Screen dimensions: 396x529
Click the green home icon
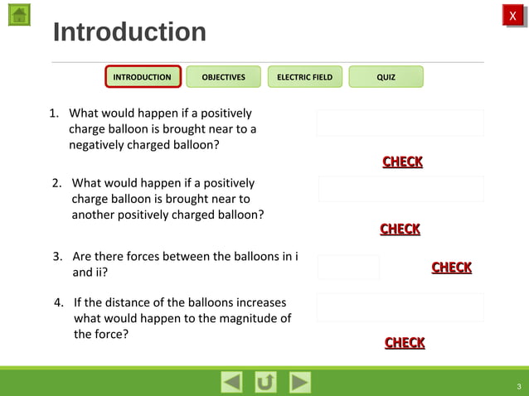(x=19, y=14)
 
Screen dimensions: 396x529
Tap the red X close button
(x=512, y=16)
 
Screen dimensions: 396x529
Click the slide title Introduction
(x=129, y=32)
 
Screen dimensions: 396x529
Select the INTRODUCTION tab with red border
(x=143, y=77)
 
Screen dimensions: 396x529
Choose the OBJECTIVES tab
(x=223, y=77)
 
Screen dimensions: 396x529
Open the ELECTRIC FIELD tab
(x=304, y=77)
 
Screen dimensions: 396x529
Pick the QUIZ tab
(x=386, y=77)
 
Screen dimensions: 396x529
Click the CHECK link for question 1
(x=402, y=162)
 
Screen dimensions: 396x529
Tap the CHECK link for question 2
(x=400, y=229)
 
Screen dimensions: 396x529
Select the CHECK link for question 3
(x=452, y=268)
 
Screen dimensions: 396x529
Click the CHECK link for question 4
(x=405, y=343)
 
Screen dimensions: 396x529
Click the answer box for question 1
(x=400, y=123)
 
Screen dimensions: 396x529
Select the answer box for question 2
(x=400, y=189)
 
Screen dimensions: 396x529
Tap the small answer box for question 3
(x=348, y=267)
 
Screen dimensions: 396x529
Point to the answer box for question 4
(x=400, y=307)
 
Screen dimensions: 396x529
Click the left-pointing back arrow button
(x=232, y=382)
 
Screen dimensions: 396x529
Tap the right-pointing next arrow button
(x=299, y=382)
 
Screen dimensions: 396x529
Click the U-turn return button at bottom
(x=265, y=382)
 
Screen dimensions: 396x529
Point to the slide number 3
(x=518, y=386)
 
